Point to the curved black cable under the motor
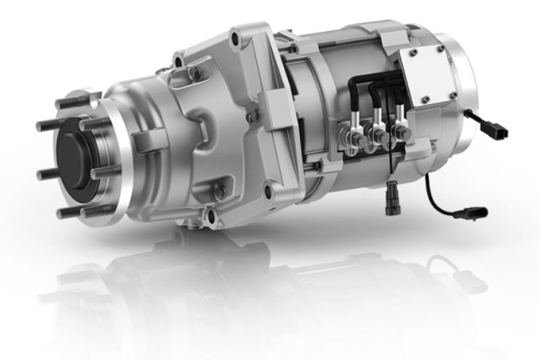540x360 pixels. click(x=433, y=198)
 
